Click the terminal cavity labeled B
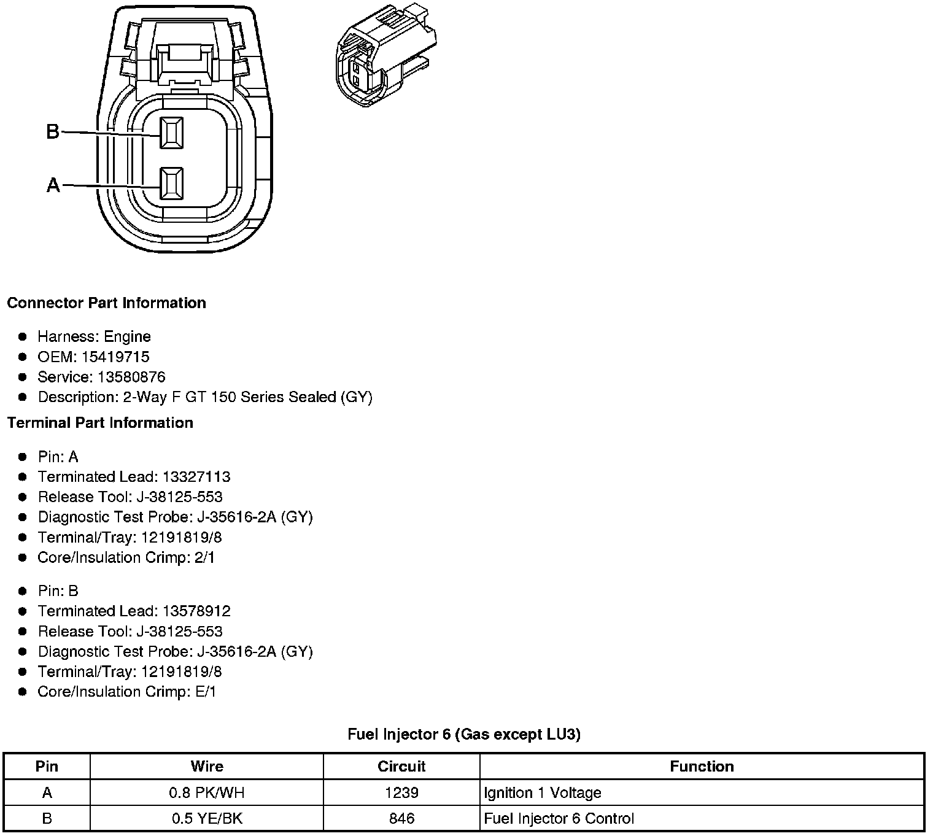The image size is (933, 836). coord(171,133)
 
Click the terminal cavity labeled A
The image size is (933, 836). coord(171,184)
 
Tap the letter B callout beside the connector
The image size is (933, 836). coord(53,131)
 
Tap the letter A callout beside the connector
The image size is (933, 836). coord(53,185)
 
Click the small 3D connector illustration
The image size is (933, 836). coord(386,56)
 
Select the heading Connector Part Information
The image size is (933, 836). coord(106,303)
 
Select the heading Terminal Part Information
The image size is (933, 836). coord(100,423)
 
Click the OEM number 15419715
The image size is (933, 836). coord(115,357)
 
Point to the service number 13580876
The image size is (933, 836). coord(131,377)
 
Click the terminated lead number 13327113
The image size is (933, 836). coord(196,477)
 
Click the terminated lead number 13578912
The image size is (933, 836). coord(196,611)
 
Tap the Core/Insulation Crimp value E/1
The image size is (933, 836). coord(206,692)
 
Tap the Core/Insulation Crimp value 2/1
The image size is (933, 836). coord(204,557)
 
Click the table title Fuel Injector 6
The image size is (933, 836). coord(463,734)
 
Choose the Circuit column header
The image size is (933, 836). coord(401,767)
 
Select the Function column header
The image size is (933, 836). coord(702,767)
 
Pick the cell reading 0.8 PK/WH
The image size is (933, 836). coord(207,793)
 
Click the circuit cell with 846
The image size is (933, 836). coord(401,819)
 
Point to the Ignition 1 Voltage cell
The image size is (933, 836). coord(543,793)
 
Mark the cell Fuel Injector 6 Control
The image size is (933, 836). coord(559,819)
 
